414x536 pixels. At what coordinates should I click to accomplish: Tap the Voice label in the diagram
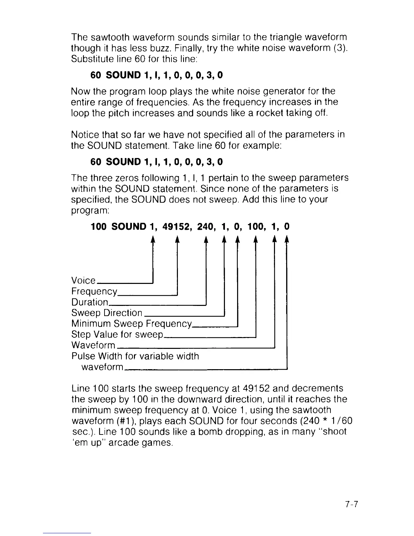click(84, 280)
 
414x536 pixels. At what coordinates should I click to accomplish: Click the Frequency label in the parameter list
click(94, 291)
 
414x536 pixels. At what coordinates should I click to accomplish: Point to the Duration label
click(90, 302)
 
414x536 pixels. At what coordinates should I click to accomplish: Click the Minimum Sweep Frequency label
click(132, 323)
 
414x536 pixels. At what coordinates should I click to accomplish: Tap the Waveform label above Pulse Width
click(93, 345)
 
